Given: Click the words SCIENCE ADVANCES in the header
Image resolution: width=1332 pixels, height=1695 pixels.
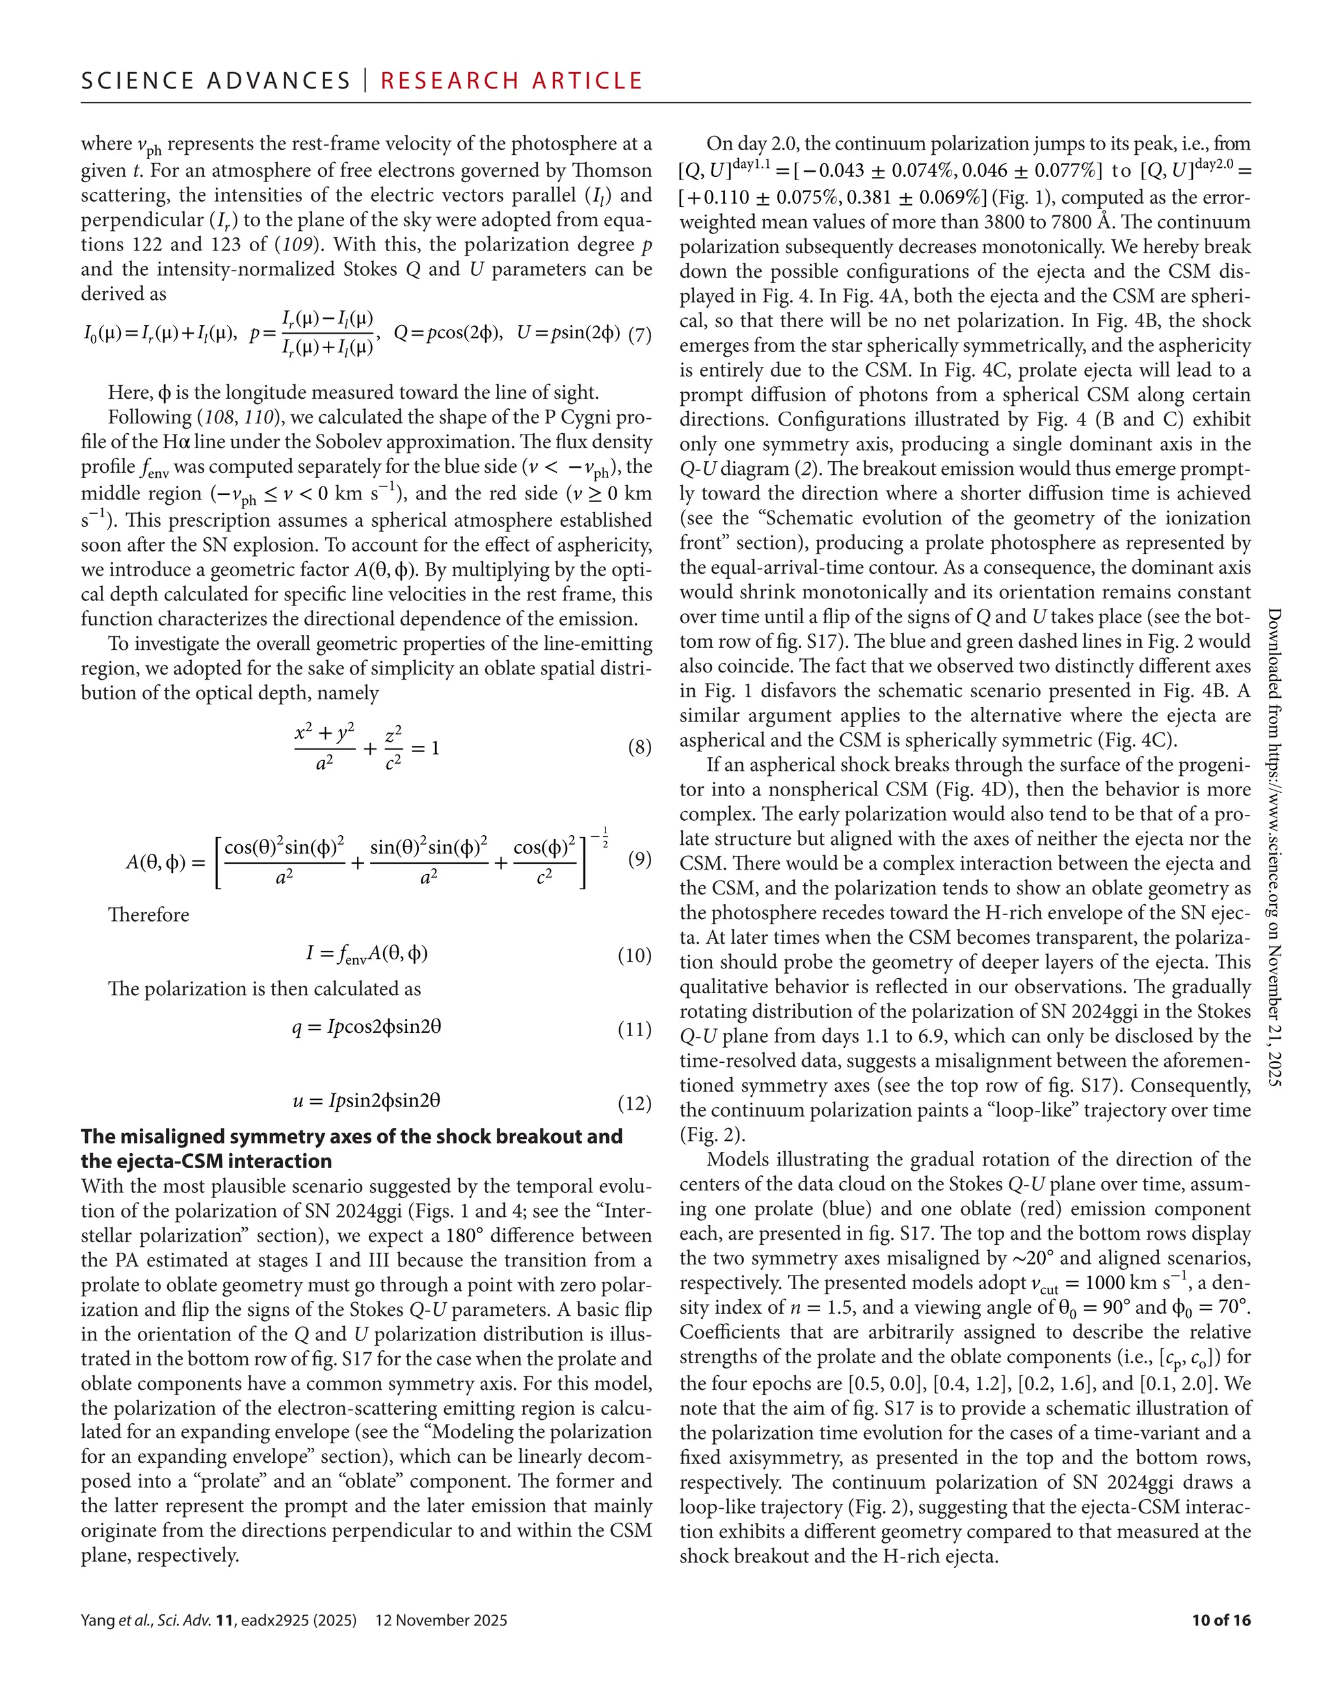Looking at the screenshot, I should pos(215,81).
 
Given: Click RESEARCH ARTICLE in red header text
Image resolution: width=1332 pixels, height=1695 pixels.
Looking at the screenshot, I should pos(512,81).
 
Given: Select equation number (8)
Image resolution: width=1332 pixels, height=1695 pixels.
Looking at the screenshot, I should pos(639,748).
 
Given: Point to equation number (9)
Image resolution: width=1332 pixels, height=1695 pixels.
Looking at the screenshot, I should pos(639,860).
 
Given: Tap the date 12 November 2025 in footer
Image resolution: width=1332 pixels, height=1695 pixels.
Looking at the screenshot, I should pos(442,1620).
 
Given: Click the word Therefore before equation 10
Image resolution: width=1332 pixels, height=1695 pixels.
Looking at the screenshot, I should pos(148,914).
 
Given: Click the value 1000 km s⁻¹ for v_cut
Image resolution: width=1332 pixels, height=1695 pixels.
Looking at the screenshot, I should pos(1121,1283).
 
